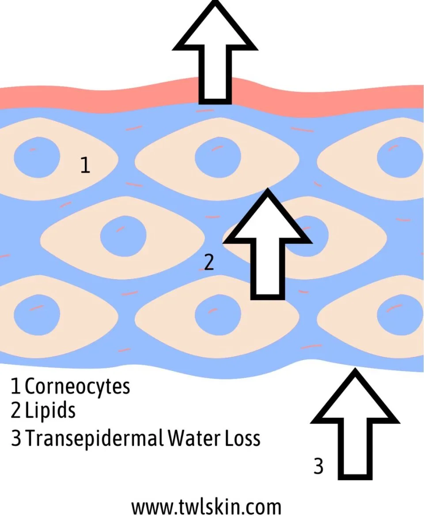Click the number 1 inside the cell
85,165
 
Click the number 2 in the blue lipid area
208,262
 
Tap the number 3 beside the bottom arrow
318,466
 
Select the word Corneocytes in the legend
78,386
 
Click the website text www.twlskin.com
206,507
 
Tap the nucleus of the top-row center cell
218,158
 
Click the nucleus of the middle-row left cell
123,235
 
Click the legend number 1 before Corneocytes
16,386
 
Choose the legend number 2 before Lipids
16,411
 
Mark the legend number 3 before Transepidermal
16,439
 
